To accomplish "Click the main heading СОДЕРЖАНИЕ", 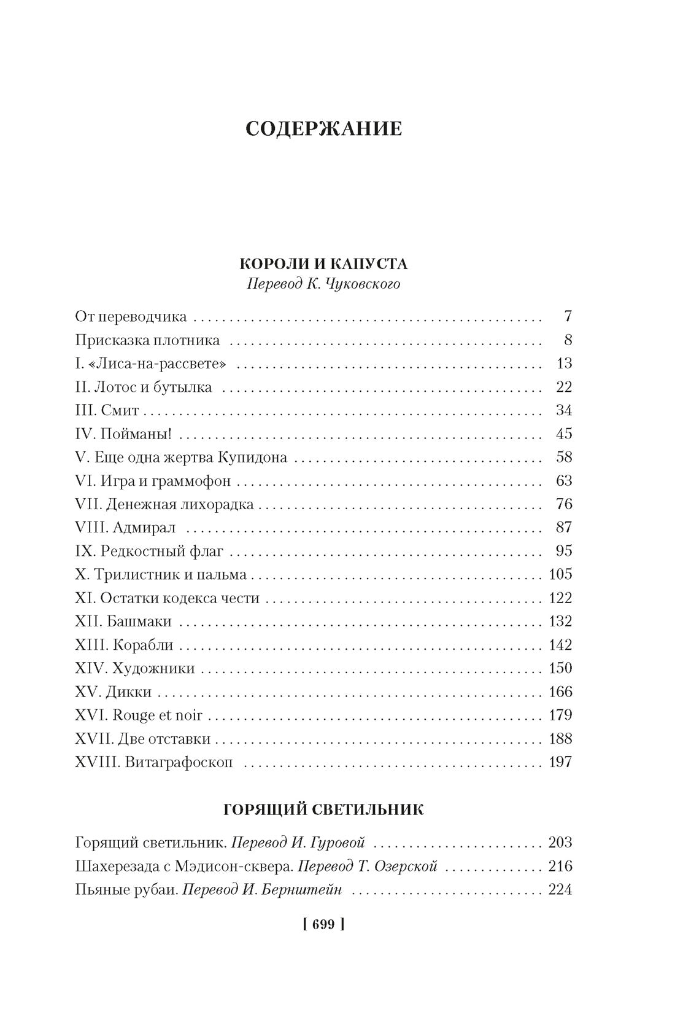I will click(323, 129).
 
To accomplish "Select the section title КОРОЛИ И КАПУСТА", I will click(323, 263).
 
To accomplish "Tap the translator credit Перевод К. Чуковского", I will click(323, 284).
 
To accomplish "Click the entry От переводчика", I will click(131, 317).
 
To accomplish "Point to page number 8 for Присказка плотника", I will click(568, 340).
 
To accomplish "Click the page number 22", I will click(564, 387).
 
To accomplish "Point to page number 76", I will click(564, 504).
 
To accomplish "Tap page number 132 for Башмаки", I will click(560, 622).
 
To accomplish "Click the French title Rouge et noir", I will click(158, 715).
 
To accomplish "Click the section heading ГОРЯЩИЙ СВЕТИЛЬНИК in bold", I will click(323, 809).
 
